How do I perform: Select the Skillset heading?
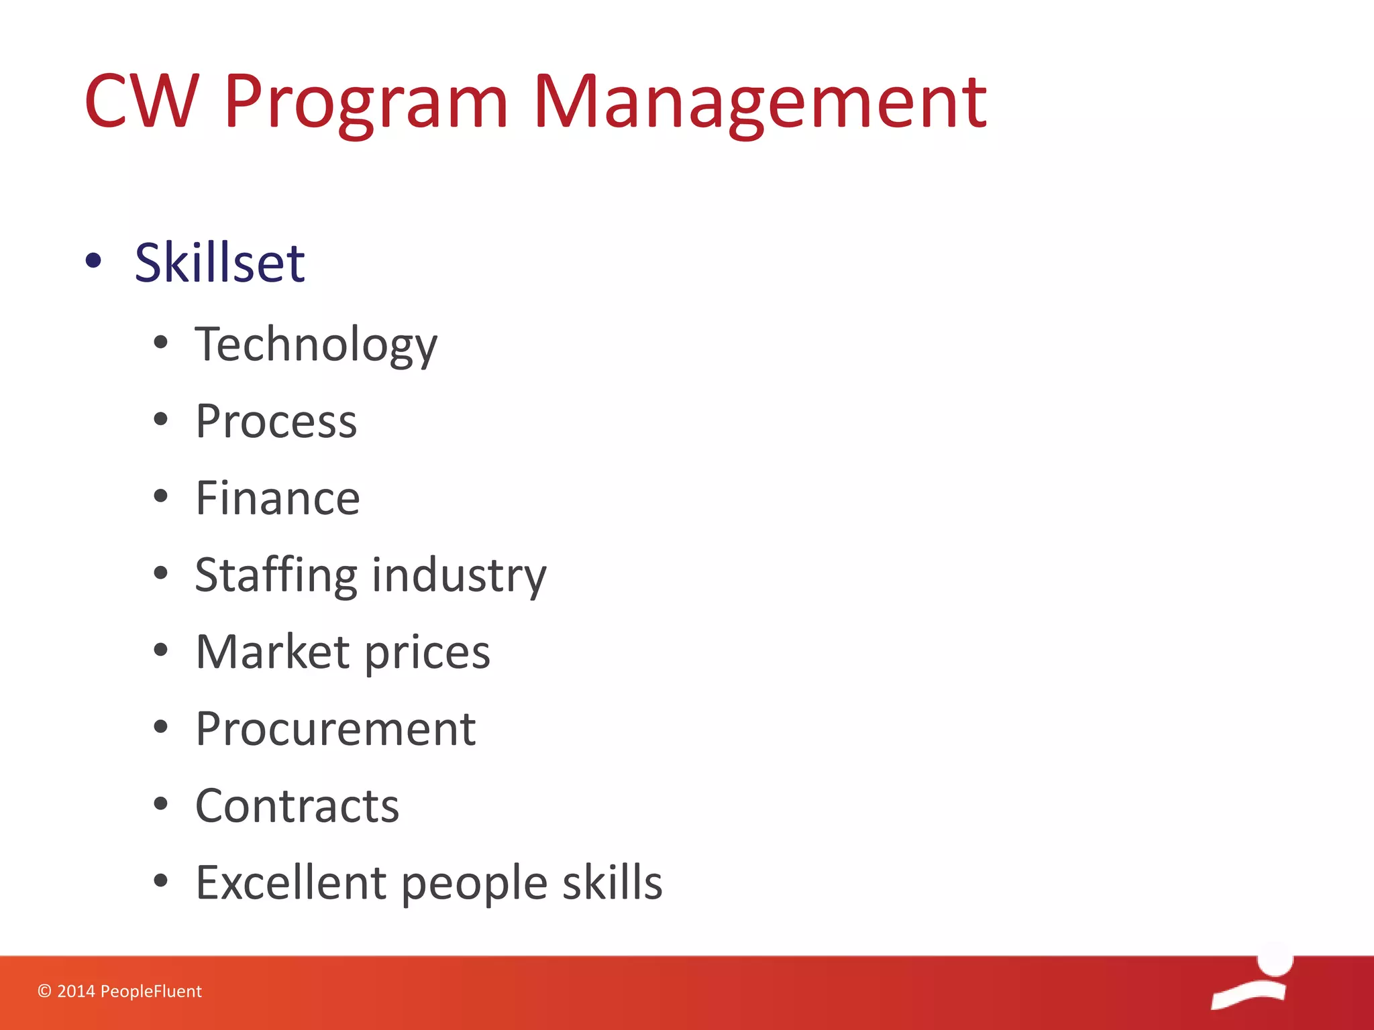(219, 262)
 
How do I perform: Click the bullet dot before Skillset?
(94, 262)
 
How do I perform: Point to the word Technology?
(315, 345)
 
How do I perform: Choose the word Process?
(276, 422)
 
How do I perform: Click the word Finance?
(277, 498)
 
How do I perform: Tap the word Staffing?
(276, 575)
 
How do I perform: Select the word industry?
(459, 575)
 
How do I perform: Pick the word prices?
(427, 653)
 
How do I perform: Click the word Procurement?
(335, 729)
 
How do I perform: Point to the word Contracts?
(297, 805)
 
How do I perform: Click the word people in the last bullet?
(474, 884)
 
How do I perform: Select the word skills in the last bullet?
(612, 882)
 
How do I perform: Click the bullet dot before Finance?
(160, 497)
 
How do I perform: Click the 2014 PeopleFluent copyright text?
(119, 991)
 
